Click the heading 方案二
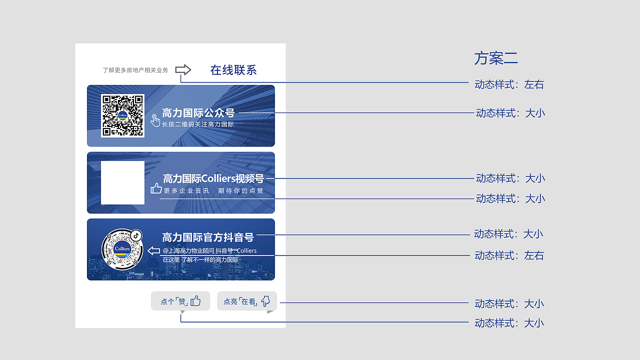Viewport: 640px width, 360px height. click(495, 58)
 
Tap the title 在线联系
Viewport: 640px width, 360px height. click(233, 70)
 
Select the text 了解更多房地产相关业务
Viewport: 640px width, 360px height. click(135, 70)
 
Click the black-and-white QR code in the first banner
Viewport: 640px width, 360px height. click(122, 115)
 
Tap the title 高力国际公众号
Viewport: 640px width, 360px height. click(198, 113)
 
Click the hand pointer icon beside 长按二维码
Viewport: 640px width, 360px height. click(155, 120)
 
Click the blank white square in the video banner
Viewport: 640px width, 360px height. click(122, 182)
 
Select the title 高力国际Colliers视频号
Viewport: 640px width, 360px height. click(213, 178)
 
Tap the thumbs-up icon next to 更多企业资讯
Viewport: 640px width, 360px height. click(156, 188)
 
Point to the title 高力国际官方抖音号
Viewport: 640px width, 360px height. click(208, 237)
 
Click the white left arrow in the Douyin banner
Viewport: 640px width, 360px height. click(154, 250)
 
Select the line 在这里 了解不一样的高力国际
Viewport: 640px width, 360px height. click(200, 260)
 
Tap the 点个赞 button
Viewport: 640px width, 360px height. click(180, 301)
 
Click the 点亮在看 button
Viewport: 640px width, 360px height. click(247, 301)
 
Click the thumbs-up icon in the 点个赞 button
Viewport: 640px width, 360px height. click(195, 301)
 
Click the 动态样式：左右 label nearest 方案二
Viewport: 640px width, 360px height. click(509, 84)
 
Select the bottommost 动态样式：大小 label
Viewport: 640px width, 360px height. click(509, 323)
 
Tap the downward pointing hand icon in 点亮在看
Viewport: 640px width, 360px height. click(265, 301)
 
